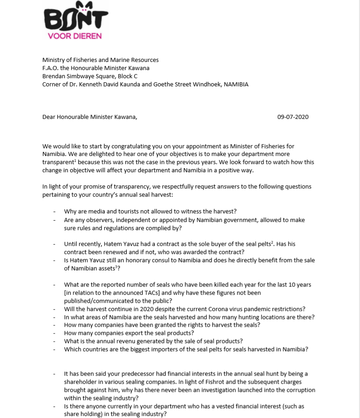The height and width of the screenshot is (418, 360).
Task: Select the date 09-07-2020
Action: tap(293, 117)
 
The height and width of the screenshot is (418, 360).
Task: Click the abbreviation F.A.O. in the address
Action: tap(51, 68)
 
